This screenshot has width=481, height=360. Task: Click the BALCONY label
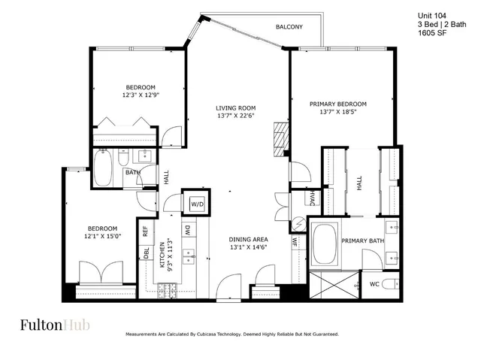[289, 27]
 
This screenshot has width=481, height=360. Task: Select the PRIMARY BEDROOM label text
[338, 103]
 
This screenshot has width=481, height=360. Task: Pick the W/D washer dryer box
[197, 203]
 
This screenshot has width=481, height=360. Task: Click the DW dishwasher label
[187, 230]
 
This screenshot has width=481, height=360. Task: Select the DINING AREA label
[248, 239]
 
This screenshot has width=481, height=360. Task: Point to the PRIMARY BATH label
[362, 241]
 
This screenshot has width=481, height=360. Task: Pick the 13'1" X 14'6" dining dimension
[248, 248]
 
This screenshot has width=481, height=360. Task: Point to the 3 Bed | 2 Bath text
[440, 24]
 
